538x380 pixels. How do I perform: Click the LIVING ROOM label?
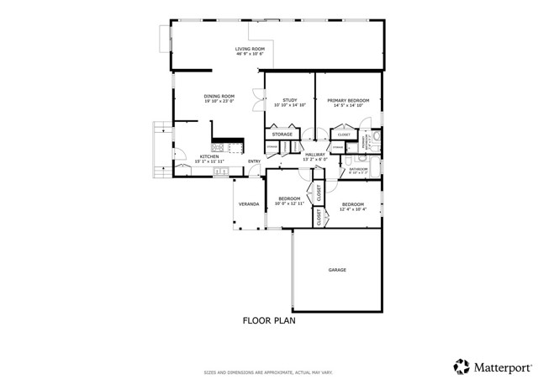coord(250,49)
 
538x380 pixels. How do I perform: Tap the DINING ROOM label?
coord(219,97)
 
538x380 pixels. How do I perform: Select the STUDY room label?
coord(290,100)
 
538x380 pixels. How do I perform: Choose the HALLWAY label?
coord(315,155)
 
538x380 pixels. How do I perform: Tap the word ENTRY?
coord(254,161)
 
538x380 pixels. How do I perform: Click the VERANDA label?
coord(248,204)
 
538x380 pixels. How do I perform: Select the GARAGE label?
coord(337,270)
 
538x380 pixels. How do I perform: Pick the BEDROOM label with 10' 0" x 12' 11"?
coord(289,198)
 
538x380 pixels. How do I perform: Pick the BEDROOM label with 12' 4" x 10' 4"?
coord(352,204)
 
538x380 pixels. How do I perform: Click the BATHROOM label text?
coord(359,168)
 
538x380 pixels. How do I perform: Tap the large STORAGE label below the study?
coord(282,134)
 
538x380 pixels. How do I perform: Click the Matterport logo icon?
coord(461,365)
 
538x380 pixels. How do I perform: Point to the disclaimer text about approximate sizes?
coord(269,372)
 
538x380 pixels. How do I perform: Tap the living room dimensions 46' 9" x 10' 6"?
coord(250,54)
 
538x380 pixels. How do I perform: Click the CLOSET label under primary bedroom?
coord(344,135)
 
